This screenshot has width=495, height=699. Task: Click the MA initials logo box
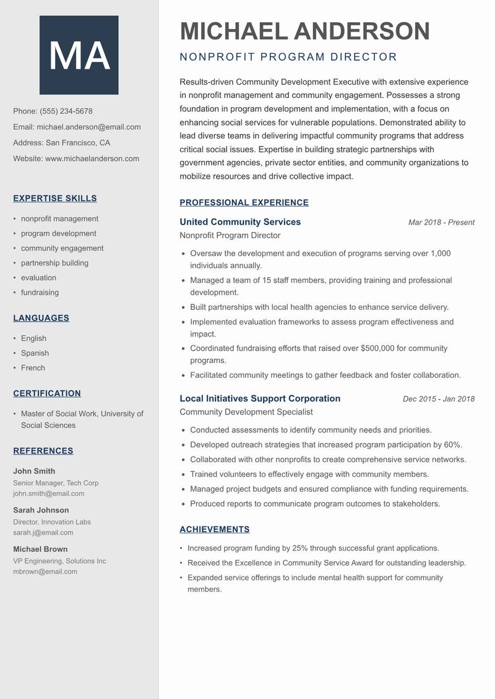(x=79, y=55)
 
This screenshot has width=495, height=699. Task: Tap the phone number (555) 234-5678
(x=66, y=111)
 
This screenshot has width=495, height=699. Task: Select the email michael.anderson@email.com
(x=88, y=127)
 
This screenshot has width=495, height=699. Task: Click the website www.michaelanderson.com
(x=92, y=158)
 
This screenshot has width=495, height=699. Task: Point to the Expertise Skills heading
(x=55, y=199)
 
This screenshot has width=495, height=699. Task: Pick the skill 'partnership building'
(x=54, y=263)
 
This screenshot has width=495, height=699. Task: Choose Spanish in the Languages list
(x=35, y=353)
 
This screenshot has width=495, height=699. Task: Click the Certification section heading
(x=47, y=393)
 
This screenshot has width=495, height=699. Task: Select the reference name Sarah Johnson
(x=41, y=510)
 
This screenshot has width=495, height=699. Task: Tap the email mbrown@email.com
(x=45, y=572)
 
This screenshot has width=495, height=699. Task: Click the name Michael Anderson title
(x=304, y=31)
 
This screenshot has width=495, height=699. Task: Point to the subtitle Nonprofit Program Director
(x=288, y=58)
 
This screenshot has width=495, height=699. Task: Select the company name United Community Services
(x=240, y=222)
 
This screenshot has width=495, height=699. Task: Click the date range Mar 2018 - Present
(x=441, y=223)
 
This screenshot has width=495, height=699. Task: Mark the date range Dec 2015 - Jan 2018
(x=438, y=399)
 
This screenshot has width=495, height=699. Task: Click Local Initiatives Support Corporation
(x=260, y=398)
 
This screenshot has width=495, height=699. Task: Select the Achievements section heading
(x=215, y=530)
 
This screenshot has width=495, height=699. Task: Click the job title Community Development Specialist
(x=246, y=412)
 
